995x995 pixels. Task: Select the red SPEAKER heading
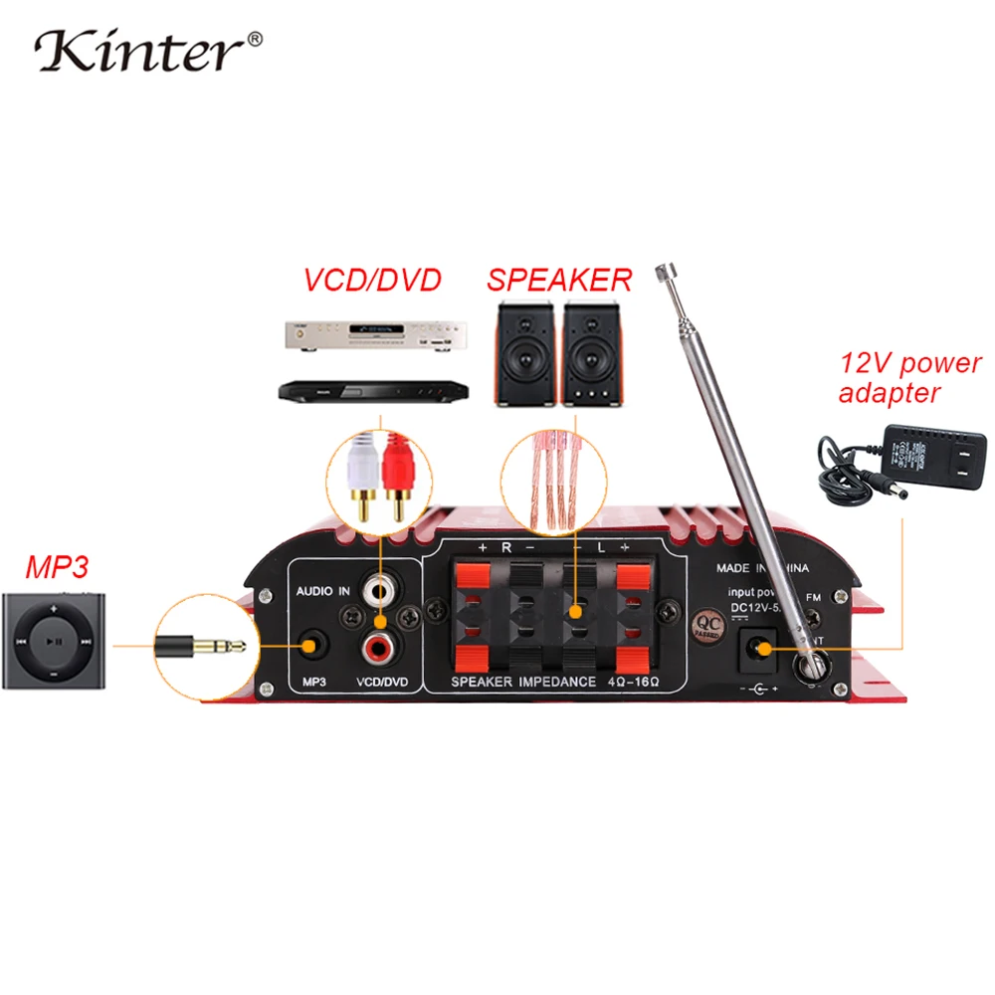pyautogui.click(x=559, y=281)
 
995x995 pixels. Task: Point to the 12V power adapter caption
pyautogui.click(x=908, y=378)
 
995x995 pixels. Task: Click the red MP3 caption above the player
pyautogui.click(x=57, y=568)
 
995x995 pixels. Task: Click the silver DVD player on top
pyautogui.click(x=364, y=336)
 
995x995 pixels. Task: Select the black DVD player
pyautogui.click(x=364, y=389)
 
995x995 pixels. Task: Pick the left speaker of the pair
pyautogui.click(x=525, y=353)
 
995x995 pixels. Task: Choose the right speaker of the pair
pyautogui.click(x=594, y=353)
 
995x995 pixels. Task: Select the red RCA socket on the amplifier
pyautogui.click(x=380, y=650)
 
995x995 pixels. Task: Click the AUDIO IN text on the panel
pyautogui.click(x=321, y=591)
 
